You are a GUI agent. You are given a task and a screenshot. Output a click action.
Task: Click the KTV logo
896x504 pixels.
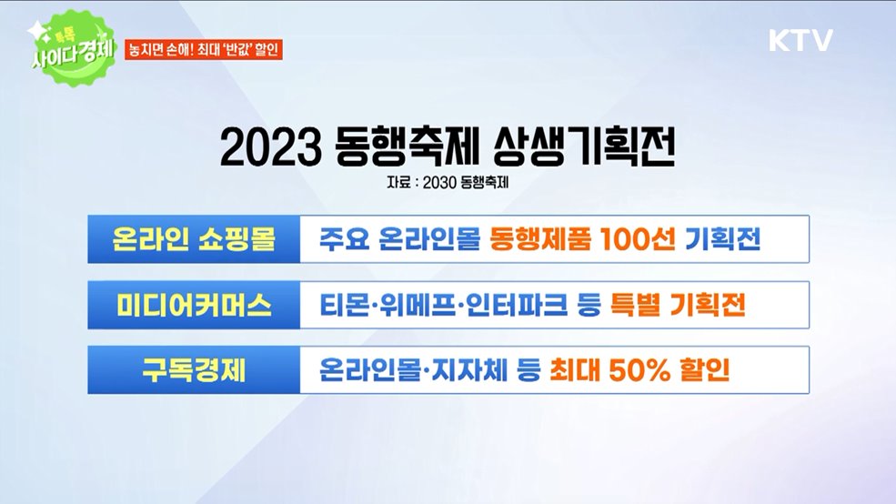800,41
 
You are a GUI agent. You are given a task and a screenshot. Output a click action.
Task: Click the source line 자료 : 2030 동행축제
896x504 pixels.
448,182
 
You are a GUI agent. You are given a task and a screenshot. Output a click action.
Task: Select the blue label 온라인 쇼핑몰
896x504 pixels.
193,239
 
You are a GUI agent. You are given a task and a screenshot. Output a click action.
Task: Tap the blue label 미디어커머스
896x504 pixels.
193,306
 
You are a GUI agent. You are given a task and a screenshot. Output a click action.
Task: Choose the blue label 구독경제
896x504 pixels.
193,371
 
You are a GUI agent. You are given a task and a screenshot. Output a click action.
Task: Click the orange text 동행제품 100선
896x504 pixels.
582,239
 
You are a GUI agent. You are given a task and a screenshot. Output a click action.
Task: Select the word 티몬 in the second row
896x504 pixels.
342,306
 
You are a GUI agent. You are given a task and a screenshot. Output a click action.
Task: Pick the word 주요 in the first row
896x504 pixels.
342,239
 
